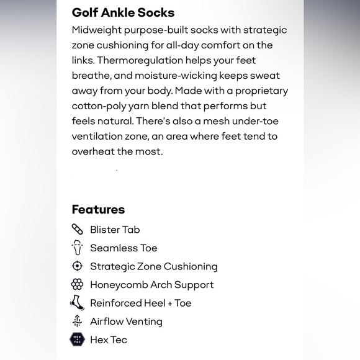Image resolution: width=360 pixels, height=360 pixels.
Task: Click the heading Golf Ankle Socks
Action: pos(123,12)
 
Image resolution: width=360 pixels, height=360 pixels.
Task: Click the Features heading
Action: pos(98,209)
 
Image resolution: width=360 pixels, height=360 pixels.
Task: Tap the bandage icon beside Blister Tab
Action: pos(77,229)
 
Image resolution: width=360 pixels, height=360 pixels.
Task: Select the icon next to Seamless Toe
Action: pos(77,248)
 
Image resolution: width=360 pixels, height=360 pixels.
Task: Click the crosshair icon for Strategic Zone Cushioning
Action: pos(77,266)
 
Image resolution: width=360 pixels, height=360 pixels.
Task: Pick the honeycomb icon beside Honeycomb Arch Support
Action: pos(77,285)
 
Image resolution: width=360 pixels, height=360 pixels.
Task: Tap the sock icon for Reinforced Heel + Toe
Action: pos(77,303)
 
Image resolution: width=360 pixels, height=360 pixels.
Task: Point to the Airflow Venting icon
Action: pos(77,321)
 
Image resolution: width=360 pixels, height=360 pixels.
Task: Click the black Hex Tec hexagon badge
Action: pos(77,340)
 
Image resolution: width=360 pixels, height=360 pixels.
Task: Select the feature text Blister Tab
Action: pos(115,230)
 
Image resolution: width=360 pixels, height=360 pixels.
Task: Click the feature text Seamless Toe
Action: pos(124,248)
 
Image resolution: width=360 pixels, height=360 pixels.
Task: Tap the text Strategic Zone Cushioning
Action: pos(153,266)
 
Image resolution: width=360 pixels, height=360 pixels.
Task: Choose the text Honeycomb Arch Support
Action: pos(151,285)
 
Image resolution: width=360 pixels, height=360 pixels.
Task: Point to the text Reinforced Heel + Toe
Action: pos(140,303)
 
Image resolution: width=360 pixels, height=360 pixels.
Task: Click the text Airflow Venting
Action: pos(126,322)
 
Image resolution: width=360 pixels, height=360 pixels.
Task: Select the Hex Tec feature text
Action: pos(109,340)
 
